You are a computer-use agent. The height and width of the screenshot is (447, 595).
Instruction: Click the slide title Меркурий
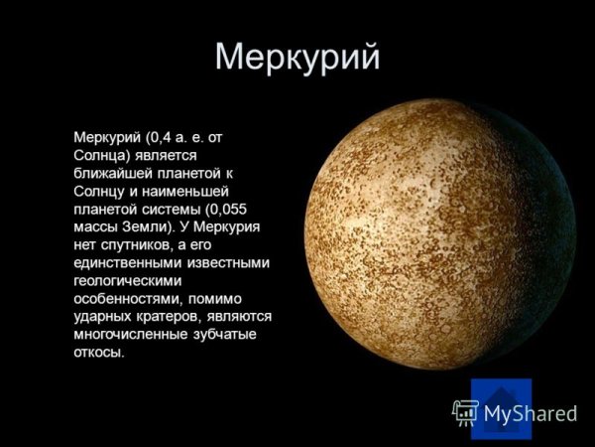[297, 57]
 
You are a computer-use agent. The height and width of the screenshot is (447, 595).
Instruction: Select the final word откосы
[100, 353]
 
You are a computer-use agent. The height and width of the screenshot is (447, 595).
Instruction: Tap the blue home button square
[501, 408]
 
